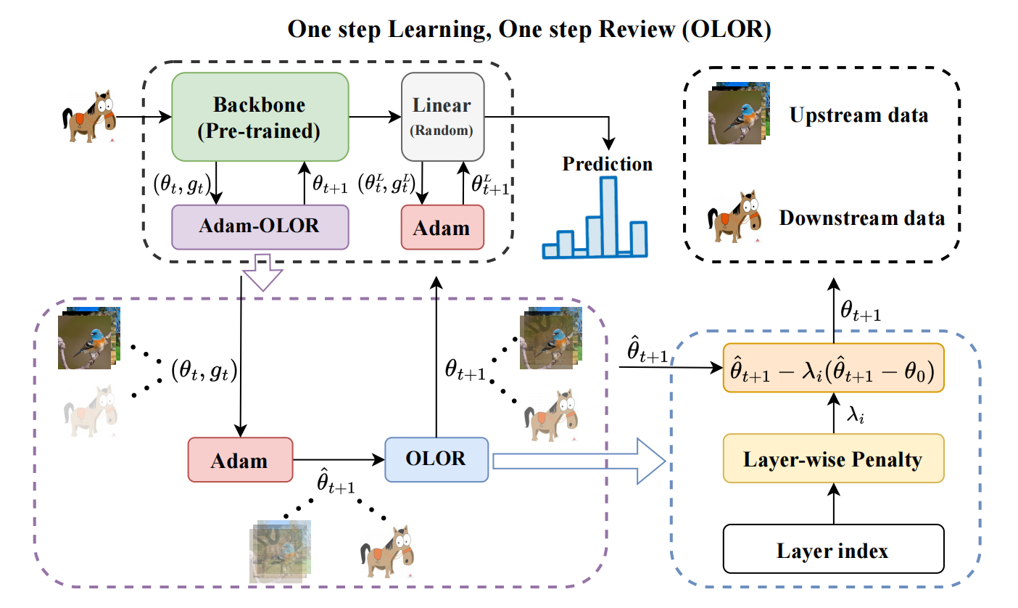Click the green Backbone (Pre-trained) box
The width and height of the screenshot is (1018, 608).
[260, 119]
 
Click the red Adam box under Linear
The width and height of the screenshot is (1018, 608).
[442, 228]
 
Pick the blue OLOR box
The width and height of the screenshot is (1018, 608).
[437, 459]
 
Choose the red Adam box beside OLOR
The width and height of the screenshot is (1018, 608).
[239, 460]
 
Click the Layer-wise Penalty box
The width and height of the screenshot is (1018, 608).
[833, 459]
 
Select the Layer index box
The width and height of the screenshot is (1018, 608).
[833, 551]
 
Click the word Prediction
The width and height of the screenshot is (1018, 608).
[608, 164]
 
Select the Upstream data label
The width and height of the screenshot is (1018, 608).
[860, 115]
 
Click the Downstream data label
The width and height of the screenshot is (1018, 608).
[862, 218]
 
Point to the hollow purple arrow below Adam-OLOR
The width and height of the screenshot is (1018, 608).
[260, 272]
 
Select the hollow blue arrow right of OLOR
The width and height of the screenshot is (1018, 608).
[579, 460]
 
